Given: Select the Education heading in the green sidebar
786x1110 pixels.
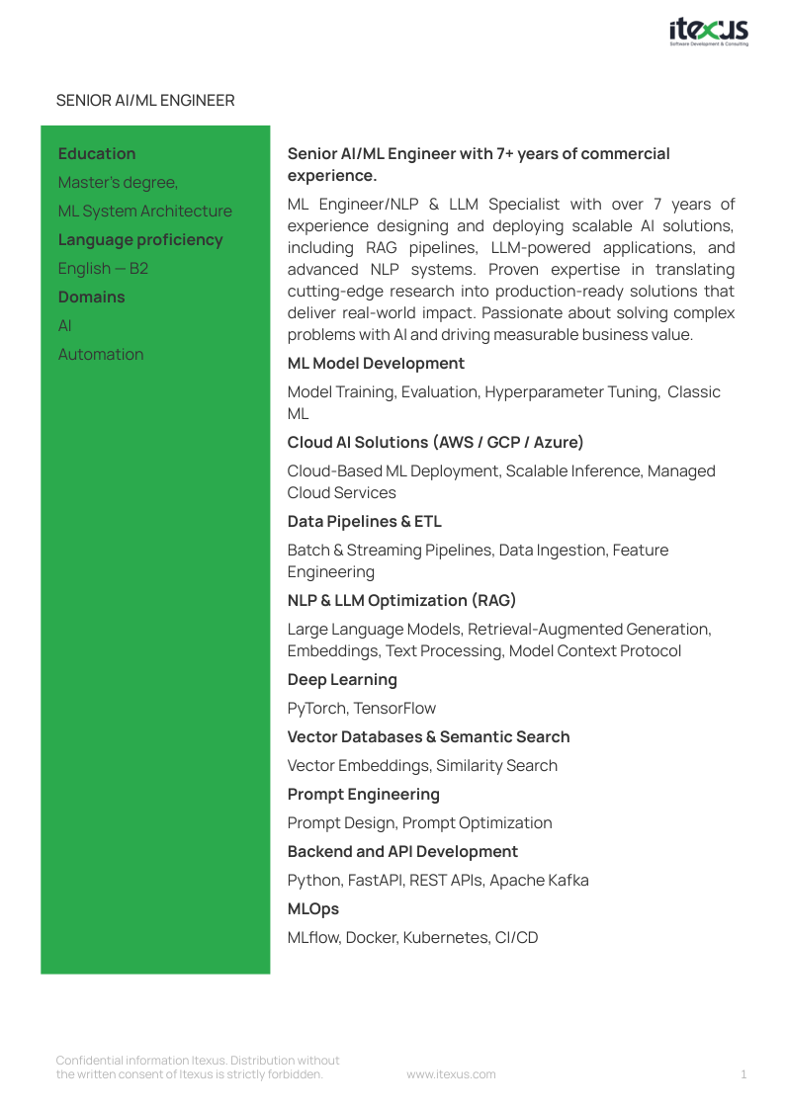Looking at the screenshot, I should coord(97,154).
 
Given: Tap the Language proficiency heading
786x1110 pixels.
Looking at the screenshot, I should coord(140,240).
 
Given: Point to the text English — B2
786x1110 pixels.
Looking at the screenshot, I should coord(103,269).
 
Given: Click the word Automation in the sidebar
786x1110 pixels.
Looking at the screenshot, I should coord(101,355).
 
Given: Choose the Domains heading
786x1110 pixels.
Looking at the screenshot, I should coord(92,298).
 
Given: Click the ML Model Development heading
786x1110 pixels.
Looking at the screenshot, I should coord(376,364).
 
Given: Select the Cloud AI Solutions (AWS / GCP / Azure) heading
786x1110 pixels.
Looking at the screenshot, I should coord(435,443).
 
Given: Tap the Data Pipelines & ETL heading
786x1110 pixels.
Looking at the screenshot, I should coord(365,522).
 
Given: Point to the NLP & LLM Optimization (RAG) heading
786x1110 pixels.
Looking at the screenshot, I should coord(401,601).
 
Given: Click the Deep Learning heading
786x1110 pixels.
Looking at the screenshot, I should coord(342,680).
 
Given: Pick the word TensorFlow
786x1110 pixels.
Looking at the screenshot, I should coord(394,709).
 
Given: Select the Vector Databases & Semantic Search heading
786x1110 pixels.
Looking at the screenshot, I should coord(428,737).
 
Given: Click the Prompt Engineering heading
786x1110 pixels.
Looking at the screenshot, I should coord(364,795).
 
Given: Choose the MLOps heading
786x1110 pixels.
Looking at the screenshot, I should coord(313,909).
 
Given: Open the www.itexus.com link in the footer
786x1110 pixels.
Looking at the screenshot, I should coord(451,1074).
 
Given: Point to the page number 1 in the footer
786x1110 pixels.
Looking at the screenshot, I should coord(743,1074).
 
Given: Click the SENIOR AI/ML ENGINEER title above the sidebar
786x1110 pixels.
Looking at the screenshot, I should coord(145,101).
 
